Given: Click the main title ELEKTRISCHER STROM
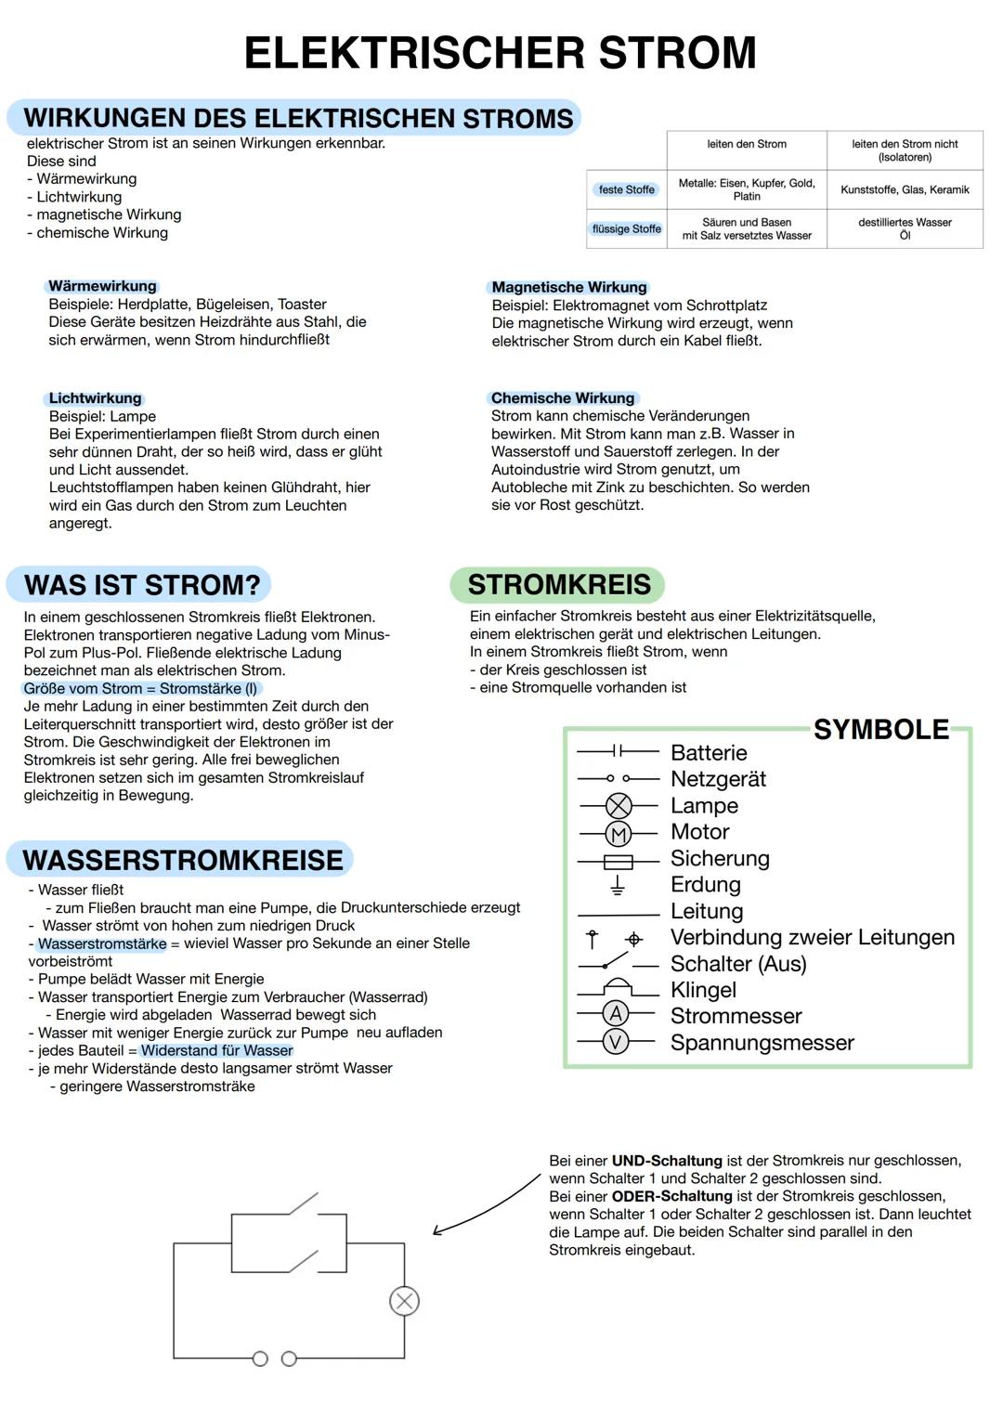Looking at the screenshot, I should (x=500, y=53).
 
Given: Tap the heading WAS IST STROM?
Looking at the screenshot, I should (x=141, y=585).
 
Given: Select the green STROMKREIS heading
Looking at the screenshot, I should (x=558, y=585).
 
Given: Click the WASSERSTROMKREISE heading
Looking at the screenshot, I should (x=182, y=860).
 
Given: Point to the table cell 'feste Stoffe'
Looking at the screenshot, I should (x=626, y=189).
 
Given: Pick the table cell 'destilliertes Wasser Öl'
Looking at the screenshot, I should (x=905, y=228).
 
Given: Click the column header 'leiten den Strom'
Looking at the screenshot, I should (x=746, y=144).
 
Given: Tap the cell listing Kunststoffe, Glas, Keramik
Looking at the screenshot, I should (x=905, y=189).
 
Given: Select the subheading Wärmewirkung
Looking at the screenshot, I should (x=102, y=286).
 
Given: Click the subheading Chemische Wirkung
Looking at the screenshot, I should (x=563, y=397).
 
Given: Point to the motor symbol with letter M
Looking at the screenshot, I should (x=619, y=834).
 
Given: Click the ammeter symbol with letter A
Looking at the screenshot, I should (x=615, y=1014).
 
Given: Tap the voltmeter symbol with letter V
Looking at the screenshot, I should (x=615, y=1042).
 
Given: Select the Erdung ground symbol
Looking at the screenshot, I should (x=617, y=886).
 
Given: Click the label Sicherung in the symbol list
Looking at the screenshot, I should (x=720, y=859).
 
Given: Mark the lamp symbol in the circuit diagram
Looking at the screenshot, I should (x=404, y=1301).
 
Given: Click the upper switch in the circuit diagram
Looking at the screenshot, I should (x=303, y=1204).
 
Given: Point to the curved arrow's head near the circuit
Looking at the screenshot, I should (x=437, y=1231).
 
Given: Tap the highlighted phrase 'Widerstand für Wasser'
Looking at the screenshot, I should (x=216, y=1050).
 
